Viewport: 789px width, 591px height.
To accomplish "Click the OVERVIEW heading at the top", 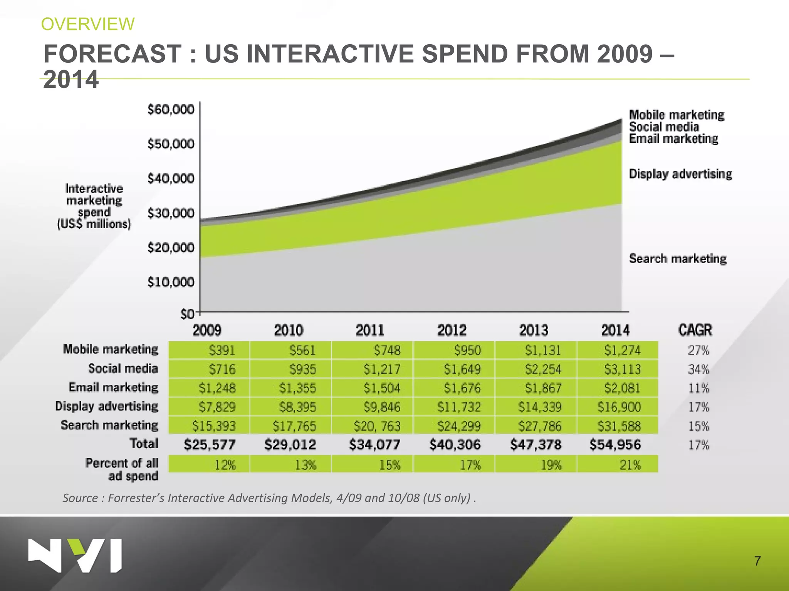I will tap(88, 24).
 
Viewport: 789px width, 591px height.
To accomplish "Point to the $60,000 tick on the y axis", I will tap(171, 110).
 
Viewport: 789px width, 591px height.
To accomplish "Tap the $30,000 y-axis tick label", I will tap(171, 213).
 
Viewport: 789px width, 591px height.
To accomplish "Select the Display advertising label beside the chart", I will tap(680, 174).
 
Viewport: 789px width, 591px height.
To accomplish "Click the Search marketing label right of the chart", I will tap(678, 259).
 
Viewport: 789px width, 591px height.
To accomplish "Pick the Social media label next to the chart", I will tap(664, 127).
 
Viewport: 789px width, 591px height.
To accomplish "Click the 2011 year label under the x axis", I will tap(370, 331).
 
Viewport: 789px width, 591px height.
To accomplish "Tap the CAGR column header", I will tap(695, 330).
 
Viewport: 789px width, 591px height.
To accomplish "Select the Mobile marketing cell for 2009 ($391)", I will tap(222, 351).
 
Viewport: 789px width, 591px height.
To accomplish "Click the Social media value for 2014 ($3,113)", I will tap(622, 369).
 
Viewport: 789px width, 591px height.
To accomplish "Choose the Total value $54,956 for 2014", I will tap(615, 445).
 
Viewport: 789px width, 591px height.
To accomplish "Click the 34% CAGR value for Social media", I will tap(698, 369).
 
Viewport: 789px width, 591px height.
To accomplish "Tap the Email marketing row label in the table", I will tap(113, 387).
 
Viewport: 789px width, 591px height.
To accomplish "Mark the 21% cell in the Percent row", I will tap(630, 466).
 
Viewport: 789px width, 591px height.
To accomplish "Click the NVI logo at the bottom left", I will tap(75, 555).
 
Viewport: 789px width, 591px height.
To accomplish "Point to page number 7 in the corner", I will tap(757, 561).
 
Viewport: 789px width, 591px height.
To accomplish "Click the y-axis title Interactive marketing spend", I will tap(94, 206).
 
